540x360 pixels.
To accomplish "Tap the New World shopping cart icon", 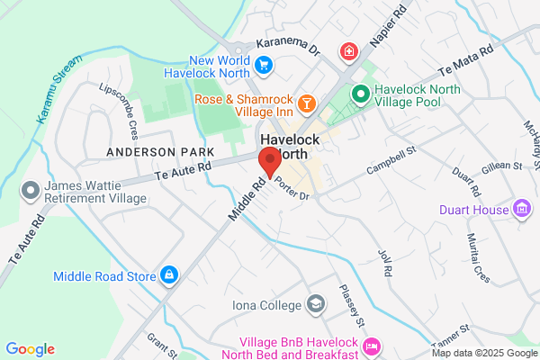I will pyautogui.click(x=263, y=64).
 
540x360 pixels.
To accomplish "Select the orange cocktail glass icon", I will pyautogui.click(x=307, y=105).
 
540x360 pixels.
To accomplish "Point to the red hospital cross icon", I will pyautogui.click(x=348, y=52).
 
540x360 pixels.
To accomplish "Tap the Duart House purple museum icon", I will pyautogui.click(x=521, y=211).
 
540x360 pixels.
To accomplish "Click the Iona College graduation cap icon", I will pyautogui.click(x=315, y=304).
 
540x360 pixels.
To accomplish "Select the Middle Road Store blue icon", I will pyautogui.click(x=168, y=274).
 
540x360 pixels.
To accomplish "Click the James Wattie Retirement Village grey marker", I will pyautogui.click(x=30, y=190).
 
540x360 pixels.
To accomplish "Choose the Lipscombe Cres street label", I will pyautogui.click(x=118, y=103).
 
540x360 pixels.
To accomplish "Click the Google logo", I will pyautogui.click(x=31, y=349).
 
